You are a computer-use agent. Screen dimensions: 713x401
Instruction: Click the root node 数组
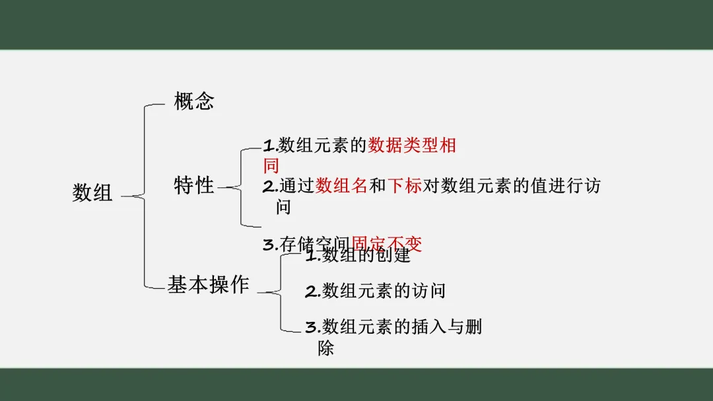(x=92, y=193)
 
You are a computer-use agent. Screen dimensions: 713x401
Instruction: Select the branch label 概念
(x=194, y=102)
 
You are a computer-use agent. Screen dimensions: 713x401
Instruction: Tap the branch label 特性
(x=194, y=185)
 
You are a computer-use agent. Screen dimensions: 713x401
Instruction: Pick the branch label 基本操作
(x=208, y=285)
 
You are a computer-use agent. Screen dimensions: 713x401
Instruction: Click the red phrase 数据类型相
(x=412, y=146)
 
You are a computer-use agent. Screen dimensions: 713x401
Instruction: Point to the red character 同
(x=271, y=166)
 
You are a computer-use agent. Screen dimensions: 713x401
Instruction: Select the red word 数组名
(x=341, y=187)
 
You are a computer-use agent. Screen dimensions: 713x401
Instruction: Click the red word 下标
(x=404, y=187)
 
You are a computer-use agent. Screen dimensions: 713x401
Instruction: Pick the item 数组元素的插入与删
(x=402, y=327)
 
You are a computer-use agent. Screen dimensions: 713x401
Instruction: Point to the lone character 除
(x=325, y=348)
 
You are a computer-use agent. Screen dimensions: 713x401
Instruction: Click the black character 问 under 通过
(x=283, y=207)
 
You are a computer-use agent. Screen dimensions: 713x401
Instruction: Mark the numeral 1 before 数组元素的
(x=268, y=146)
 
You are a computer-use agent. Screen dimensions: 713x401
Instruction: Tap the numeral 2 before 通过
(x=268, y=187)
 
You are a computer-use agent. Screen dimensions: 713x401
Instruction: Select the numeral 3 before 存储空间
(x=269, y=245)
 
